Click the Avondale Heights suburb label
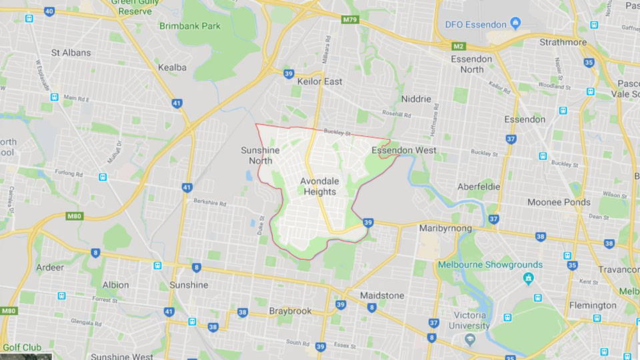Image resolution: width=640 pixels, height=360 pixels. tap(319, 186)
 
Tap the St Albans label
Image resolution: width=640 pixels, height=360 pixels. tap(71, 53)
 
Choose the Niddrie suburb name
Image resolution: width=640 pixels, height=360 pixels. tap(416, 99)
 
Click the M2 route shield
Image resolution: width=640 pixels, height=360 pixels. tap(458, 46)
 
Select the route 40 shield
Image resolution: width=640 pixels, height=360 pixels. tap(49, 11)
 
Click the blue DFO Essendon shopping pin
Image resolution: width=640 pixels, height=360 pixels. tap(516, 24)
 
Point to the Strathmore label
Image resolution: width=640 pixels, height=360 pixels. tap(564, 43)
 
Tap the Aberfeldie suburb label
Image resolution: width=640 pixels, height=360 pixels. tap(479, 186)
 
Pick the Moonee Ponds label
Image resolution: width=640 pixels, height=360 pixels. tap(559, 202)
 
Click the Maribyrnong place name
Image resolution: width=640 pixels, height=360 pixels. tap(445, 228)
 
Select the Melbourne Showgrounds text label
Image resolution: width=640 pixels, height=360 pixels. tap(490, 265)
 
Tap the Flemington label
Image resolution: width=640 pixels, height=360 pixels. tap(593, 305)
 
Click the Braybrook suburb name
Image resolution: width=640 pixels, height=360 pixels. tap(291, 311)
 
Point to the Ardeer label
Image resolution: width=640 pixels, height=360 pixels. tap(51, 267)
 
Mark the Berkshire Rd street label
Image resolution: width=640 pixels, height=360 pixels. tap(211, 203)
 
